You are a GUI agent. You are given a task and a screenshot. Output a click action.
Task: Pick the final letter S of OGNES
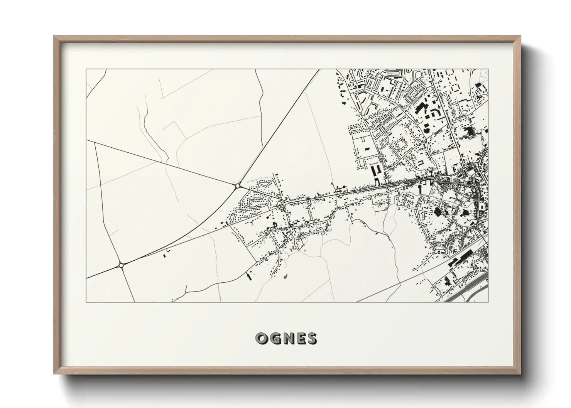[x=311, y=338]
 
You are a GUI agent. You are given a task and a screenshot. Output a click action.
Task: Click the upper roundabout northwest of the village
[x=237, y=186]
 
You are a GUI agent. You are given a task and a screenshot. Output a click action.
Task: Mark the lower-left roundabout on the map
[x=121, y=265]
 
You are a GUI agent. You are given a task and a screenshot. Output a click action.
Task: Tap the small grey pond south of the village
[x=285, y=276]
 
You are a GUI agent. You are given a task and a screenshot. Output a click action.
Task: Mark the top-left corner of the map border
[x=86, y=69]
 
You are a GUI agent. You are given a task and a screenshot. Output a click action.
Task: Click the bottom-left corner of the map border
[x=86, y=302]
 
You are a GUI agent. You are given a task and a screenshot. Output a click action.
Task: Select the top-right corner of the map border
[x=488, y=69]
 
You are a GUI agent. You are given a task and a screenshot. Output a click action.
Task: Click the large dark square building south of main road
[x=438, y=211]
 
